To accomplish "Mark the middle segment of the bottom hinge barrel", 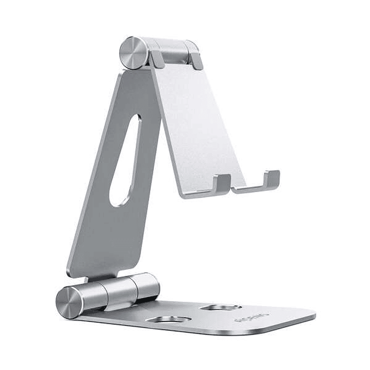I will point(117,290).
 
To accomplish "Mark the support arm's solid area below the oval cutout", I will point(105,237).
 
